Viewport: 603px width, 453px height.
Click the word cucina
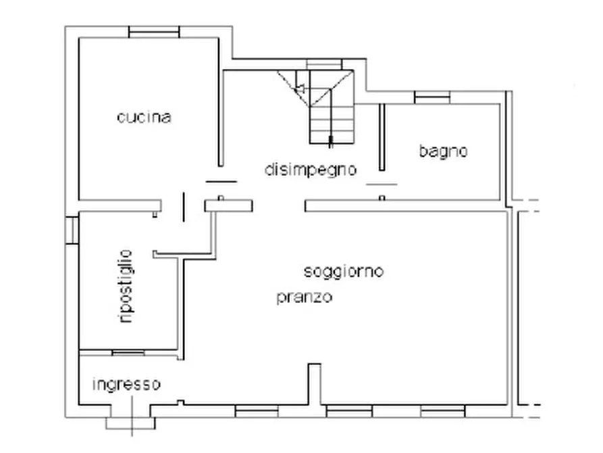[144, 117]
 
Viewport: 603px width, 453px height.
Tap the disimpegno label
[310, 170]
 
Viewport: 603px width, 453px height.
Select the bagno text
[443, 151]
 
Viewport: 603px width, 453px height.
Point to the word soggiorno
[344, 272]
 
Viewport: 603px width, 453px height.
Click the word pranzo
[304, 297]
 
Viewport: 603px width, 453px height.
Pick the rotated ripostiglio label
[125, 286]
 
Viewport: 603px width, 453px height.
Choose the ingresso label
[126, 385]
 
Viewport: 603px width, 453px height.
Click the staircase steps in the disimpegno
[331, 122]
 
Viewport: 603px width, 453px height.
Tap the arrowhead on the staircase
[300, 87]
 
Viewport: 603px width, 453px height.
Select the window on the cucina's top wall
[155, 32]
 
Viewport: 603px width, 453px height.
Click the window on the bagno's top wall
[432, 98]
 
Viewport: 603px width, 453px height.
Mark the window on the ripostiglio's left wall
[72, 229]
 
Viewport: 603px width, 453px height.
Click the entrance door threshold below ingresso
[130, 423]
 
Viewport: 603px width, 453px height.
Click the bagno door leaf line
[382, 183]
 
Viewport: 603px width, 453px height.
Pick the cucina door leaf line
[221, 181]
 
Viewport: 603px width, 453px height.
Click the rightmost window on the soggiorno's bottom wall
[442, 409]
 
